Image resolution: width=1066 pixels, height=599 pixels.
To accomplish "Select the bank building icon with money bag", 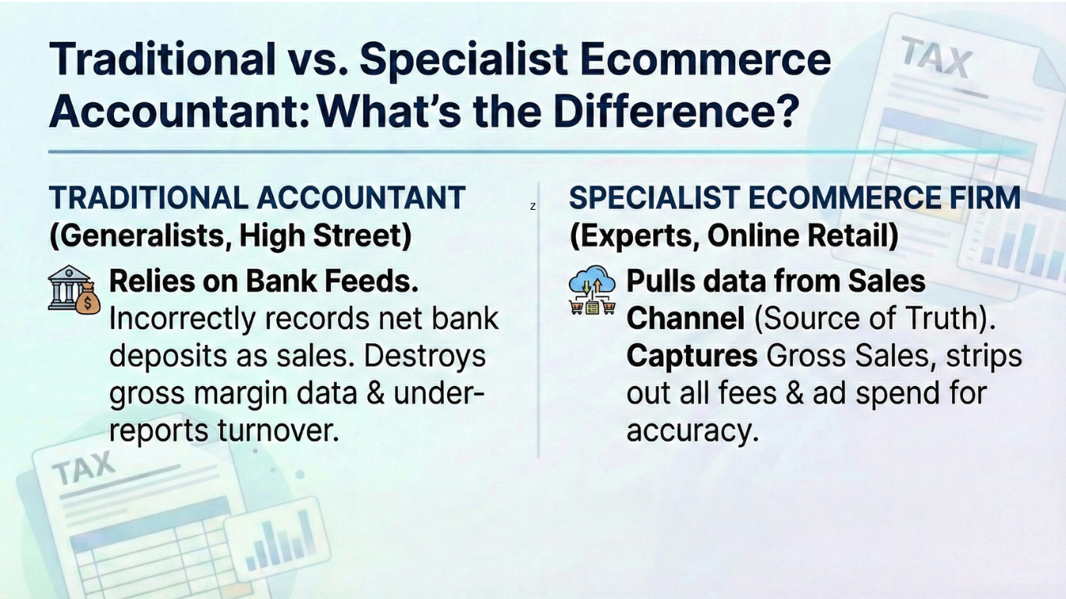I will click(73, 289).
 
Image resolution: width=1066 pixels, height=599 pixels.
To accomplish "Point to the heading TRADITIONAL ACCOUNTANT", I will click(258, 198).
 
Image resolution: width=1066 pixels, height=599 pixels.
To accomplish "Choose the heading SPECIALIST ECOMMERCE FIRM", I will click(794, 198).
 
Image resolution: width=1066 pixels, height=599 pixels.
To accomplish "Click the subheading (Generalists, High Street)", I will click(230, 236).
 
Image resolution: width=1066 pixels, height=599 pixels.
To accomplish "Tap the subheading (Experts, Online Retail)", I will click(734, 236).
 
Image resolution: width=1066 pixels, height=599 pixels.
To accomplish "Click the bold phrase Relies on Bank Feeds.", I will click(264, 282).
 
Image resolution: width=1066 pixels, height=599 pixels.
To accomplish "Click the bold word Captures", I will click(691, 356).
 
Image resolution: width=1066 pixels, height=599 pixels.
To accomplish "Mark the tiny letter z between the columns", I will click(533, 207).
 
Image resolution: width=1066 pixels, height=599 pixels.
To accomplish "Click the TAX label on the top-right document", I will click(936, 58).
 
